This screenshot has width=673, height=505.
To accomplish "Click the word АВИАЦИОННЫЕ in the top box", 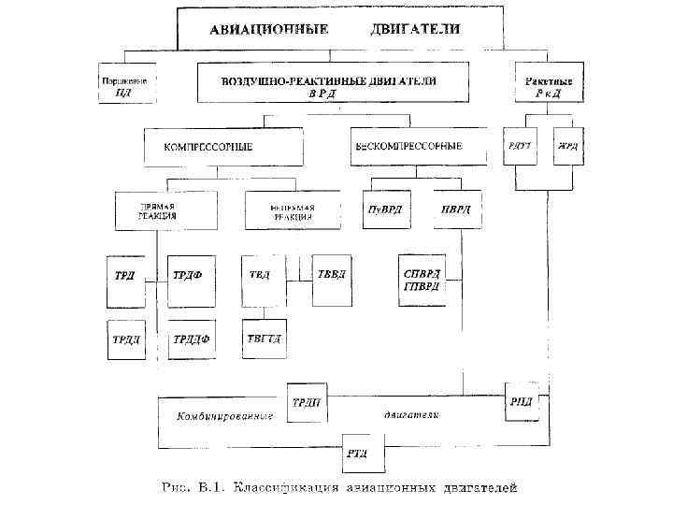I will [268, 30].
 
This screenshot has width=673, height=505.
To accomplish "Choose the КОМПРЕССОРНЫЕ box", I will [222, 147].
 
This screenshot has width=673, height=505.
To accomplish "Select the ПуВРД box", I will [383, 209].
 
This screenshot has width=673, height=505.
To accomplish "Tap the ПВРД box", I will [451, 209].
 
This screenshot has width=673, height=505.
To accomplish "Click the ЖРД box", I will [568, 147].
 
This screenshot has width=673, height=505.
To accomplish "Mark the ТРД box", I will [125, 278].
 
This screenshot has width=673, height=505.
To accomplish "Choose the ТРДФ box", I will [190, 278].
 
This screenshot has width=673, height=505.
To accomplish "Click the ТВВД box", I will [332, 278].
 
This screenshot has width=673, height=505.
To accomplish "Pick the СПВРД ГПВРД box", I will [422, 279].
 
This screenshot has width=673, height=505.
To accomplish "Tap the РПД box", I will [521, 399].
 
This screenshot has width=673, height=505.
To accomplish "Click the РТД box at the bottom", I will [357, 453].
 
